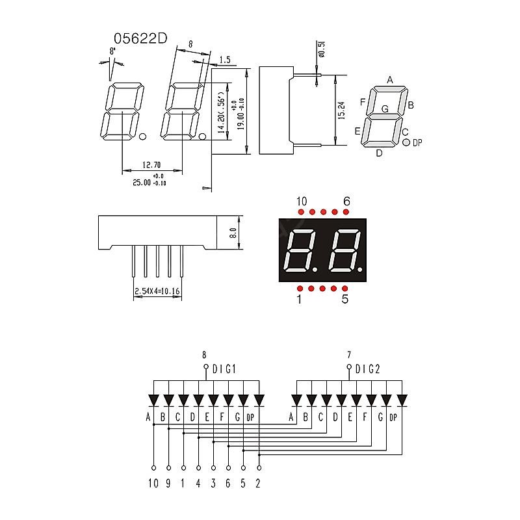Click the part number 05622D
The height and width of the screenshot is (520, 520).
click(x=140, y=39)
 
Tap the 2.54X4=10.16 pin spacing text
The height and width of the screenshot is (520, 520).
click(x=157, y=292)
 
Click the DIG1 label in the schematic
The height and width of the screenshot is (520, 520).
click(x=224, y=369)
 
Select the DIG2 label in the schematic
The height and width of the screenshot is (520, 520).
click(x=367, y=369)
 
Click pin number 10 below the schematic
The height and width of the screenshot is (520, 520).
click(x=153, y=483)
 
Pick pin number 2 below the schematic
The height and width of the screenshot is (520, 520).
click(x=259, y=483)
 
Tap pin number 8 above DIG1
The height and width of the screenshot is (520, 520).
click(x=204, y=355)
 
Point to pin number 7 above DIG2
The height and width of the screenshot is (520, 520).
click(x=349, y=355)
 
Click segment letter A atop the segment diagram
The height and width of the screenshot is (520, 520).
click(x=390, y=80)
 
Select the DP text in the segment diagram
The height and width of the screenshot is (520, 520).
click(x=417, y=142)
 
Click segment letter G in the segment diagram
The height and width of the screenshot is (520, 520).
click(x=385, y=109)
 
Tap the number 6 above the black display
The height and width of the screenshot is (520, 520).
click(x=346, y=201)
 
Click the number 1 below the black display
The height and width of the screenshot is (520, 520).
click(x=299, y=300)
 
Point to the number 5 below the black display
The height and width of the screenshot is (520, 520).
click(x=345, y=300)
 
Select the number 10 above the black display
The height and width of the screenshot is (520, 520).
click(x=302, y=201)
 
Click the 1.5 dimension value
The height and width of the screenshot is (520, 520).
click(x=225, y=60)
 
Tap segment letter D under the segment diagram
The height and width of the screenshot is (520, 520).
click(x=379, y=153)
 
